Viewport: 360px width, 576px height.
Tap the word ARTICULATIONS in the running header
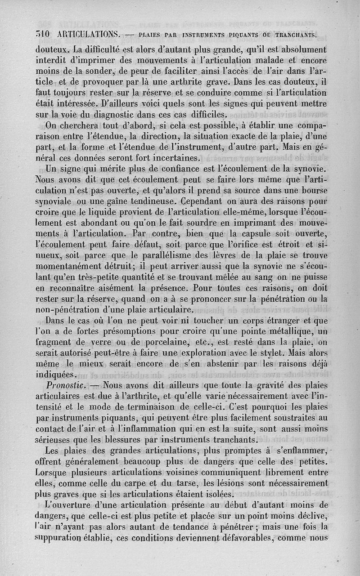[89, 34]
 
